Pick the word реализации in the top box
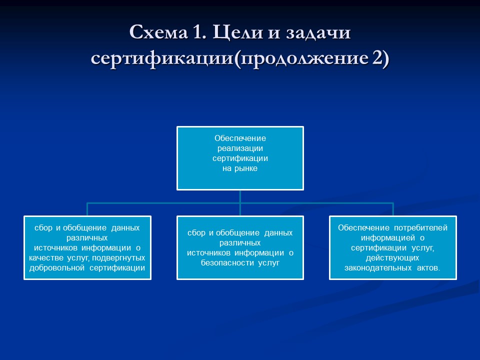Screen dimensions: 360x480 (x=240, y=148)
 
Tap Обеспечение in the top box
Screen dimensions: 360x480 (x=240, y=137)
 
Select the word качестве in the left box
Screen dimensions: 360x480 (x=46, y=257)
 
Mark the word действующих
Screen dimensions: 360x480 (x=392, y=258)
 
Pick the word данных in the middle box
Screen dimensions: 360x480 (x=278, y=233)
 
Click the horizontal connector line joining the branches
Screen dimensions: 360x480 (x=165, y=202)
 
